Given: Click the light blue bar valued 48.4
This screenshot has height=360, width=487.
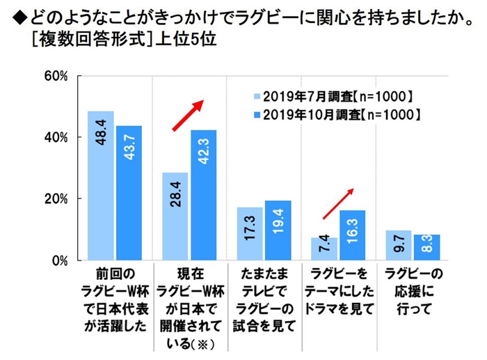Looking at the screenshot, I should (100, 185).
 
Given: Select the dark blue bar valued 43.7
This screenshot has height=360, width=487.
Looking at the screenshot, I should (128, 193).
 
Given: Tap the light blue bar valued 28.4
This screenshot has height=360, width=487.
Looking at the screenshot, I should (175, 217).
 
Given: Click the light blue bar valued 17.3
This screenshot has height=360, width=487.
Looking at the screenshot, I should (249, 233).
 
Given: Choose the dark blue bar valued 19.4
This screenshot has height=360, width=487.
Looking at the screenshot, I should (277, 230).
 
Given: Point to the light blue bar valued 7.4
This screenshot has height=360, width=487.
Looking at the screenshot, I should (324, 249).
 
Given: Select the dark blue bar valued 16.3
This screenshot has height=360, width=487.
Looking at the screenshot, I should (351, 235).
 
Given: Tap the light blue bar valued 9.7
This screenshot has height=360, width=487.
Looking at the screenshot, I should (398, 245).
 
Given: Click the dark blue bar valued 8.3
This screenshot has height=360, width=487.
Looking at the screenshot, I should (426, 247).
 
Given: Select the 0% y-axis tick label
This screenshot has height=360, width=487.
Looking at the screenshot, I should (59, 260).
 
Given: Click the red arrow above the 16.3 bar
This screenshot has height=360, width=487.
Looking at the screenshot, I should (340, 202).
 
